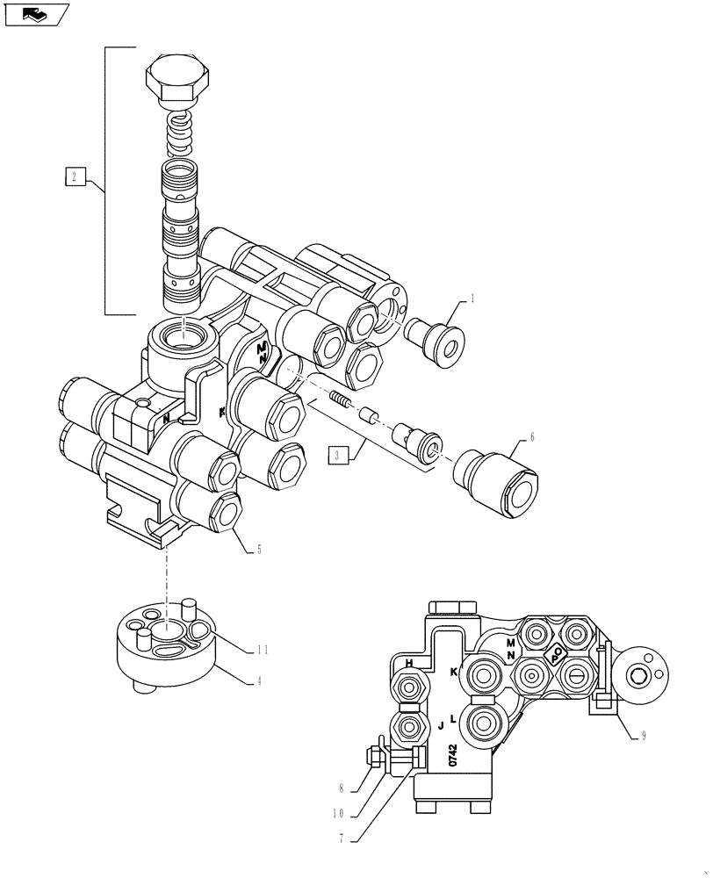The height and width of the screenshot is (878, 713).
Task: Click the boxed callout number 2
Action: click(x=75, y=177)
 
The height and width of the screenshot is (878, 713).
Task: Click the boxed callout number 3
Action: click(x=338, y=455)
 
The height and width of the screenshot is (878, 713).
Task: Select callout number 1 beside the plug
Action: click(x=472, y=299)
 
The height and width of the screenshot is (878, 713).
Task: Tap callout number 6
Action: click(x=532, y=435)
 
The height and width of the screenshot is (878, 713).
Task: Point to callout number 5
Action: click(x=258, y=551)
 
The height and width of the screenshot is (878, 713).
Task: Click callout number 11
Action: click(x=263, y=651)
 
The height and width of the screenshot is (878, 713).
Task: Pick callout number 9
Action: click(x=643, y=736)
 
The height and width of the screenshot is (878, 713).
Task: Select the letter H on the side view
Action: click(x=408, y=661)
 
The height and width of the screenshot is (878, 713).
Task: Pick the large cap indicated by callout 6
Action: click(x=496, y=484)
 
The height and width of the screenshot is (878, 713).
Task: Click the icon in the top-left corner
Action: click(x=35, y=14)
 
